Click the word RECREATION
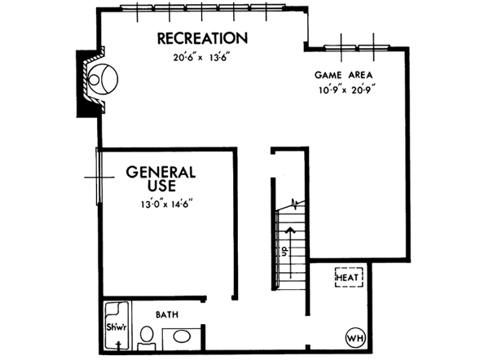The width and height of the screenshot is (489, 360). pyautogui.click(x=202, y=38)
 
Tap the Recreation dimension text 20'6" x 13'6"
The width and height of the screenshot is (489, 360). pyautogui.click(x=202, y=58)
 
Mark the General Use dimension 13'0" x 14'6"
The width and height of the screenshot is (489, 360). pyautogui.click(x=165, y=206)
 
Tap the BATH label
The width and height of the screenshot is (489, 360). pyautogui.click(x=169, y=314)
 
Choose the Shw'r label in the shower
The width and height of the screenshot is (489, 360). pyautogui.click(x=115, y=327)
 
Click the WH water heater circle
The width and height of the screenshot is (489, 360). pyautogui.click(x=355, y=336)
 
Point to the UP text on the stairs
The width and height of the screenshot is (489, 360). pyautogui.click(x=284, y=253)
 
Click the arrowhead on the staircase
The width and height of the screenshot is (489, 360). pyautogui.click(x=288, y=229)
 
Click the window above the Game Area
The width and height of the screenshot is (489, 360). pyautogui.click(x=359, y=42)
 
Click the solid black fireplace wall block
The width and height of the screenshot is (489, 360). pyautogui.click(x=84, y=86)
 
